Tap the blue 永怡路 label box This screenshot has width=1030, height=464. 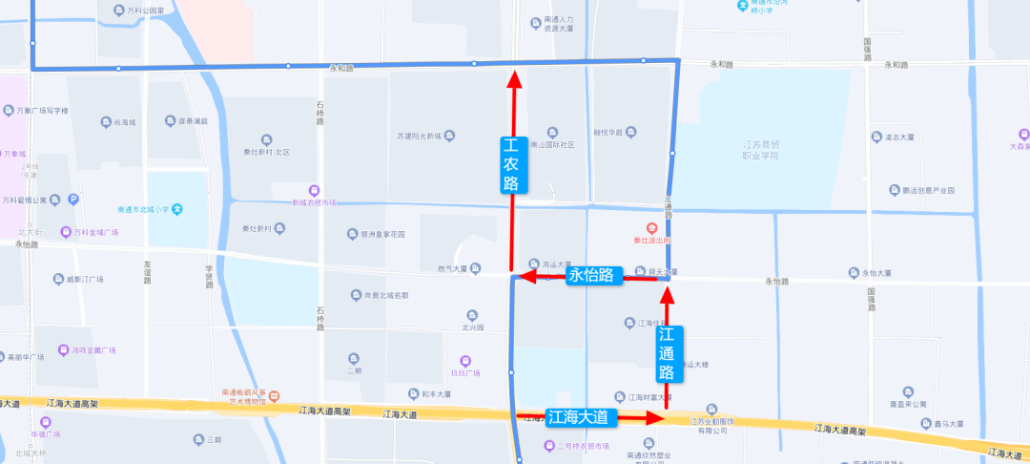[594, 276]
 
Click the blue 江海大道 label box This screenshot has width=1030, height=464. [582, 417]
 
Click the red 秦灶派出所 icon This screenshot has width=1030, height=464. [651, 229]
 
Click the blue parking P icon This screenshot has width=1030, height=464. [73, 200]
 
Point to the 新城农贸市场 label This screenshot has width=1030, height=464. [315, 202]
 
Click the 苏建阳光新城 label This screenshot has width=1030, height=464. [419, 136]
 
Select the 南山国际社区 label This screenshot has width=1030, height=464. [554, 145]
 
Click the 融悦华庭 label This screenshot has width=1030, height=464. [608, 133]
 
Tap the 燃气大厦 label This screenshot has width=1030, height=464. [453, 268]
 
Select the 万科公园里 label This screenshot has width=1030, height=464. [145, 11]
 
